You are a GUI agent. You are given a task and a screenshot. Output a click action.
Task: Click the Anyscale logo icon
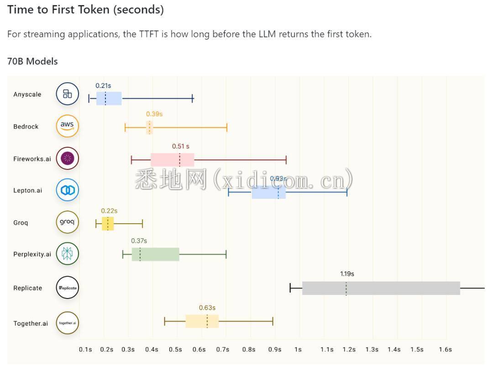[68, 94]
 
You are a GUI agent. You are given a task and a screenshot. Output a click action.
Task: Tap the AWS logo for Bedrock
[68, 126]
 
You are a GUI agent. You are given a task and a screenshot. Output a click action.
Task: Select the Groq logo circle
[68, 222]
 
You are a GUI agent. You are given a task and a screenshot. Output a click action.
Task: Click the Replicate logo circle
[68, 288]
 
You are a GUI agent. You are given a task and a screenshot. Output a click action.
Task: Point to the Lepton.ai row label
[27, 190]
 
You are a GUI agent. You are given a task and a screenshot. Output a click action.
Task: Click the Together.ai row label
[31, 324]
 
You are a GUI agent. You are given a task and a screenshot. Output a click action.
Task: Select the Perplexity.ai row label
[32, 254]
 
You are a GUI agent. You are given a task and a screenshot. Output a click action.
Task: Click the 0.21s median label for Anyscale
[103, 85]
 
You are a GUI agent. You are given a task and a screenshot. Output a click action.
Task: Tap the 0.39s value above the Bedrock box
[154, 114]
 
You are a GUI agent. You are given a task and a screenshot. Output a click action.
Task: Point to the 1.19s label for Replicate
[347, 274]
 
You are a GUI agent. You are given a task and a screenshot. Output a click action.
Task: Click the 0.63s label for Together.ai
[207, 308]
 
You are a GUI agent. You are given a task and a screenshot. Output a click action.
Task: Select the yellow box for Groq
[108, 224]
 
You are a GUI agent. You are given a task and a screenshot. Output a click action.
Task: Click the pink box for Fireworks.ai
[172, 160]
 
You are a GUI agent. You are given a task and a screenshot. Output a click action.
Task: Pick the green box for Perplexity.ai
[155, 254]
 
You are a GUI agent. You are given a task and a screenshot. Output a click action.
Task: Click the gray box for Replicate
[381, 288]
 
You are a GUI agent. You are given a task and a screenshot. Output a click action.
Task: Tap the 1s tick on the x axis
[298, 350]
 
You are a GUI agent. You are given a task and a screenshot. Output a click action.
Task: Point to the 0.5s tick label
[175, 350]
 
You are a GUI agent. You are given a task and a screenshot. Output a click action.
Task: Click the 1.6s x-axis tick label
[445, 350]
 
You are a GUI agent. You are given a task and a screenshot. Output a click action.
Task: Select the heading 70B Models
[32, 62]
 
